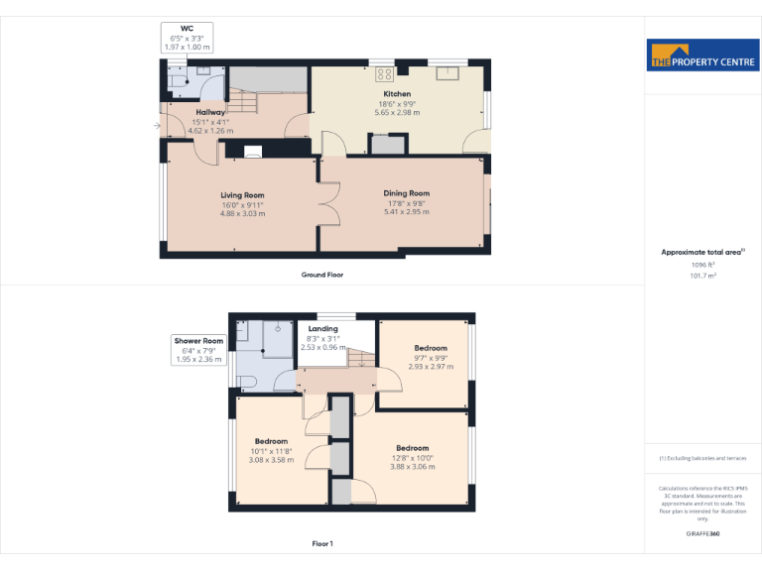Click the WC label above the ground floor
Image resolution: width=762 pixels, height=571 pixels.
tap(186, 29)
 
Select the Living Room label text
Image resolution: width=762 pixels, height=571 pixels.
tap(242, 195)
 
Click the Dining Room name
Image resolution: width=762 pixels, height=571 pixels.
tap(406, 193)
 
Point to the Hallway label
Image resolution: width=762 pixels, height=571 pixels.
tap(210, 113)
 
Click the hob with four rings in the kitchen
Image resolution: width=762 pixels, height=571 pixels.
tap(385, 72)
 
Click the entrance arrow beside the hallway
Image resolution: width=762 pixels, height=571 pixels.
tap(157, 126)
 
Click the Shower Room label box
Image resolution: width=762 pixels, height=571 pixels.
tap(198, 350)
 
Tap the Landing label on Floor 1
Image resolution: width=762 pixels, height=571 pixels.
tap(323, 329)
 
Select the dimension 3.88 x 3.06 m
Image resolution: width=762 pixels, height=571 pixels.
tap(412, 467)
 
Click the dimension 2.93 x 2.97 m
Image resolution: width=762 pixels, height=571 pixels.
tap(431, 367)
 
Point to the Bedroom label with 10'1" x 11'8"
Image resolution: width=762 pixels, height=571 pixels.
tap(271, 441)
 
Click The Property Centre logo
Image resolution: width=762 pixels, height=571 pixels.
tap(702, 57)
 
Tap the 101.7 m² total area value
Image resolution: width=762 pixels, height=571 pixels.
tap(702, 277)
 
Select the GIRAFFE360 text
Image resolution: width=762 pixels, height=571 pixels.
tap(701, 532)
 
